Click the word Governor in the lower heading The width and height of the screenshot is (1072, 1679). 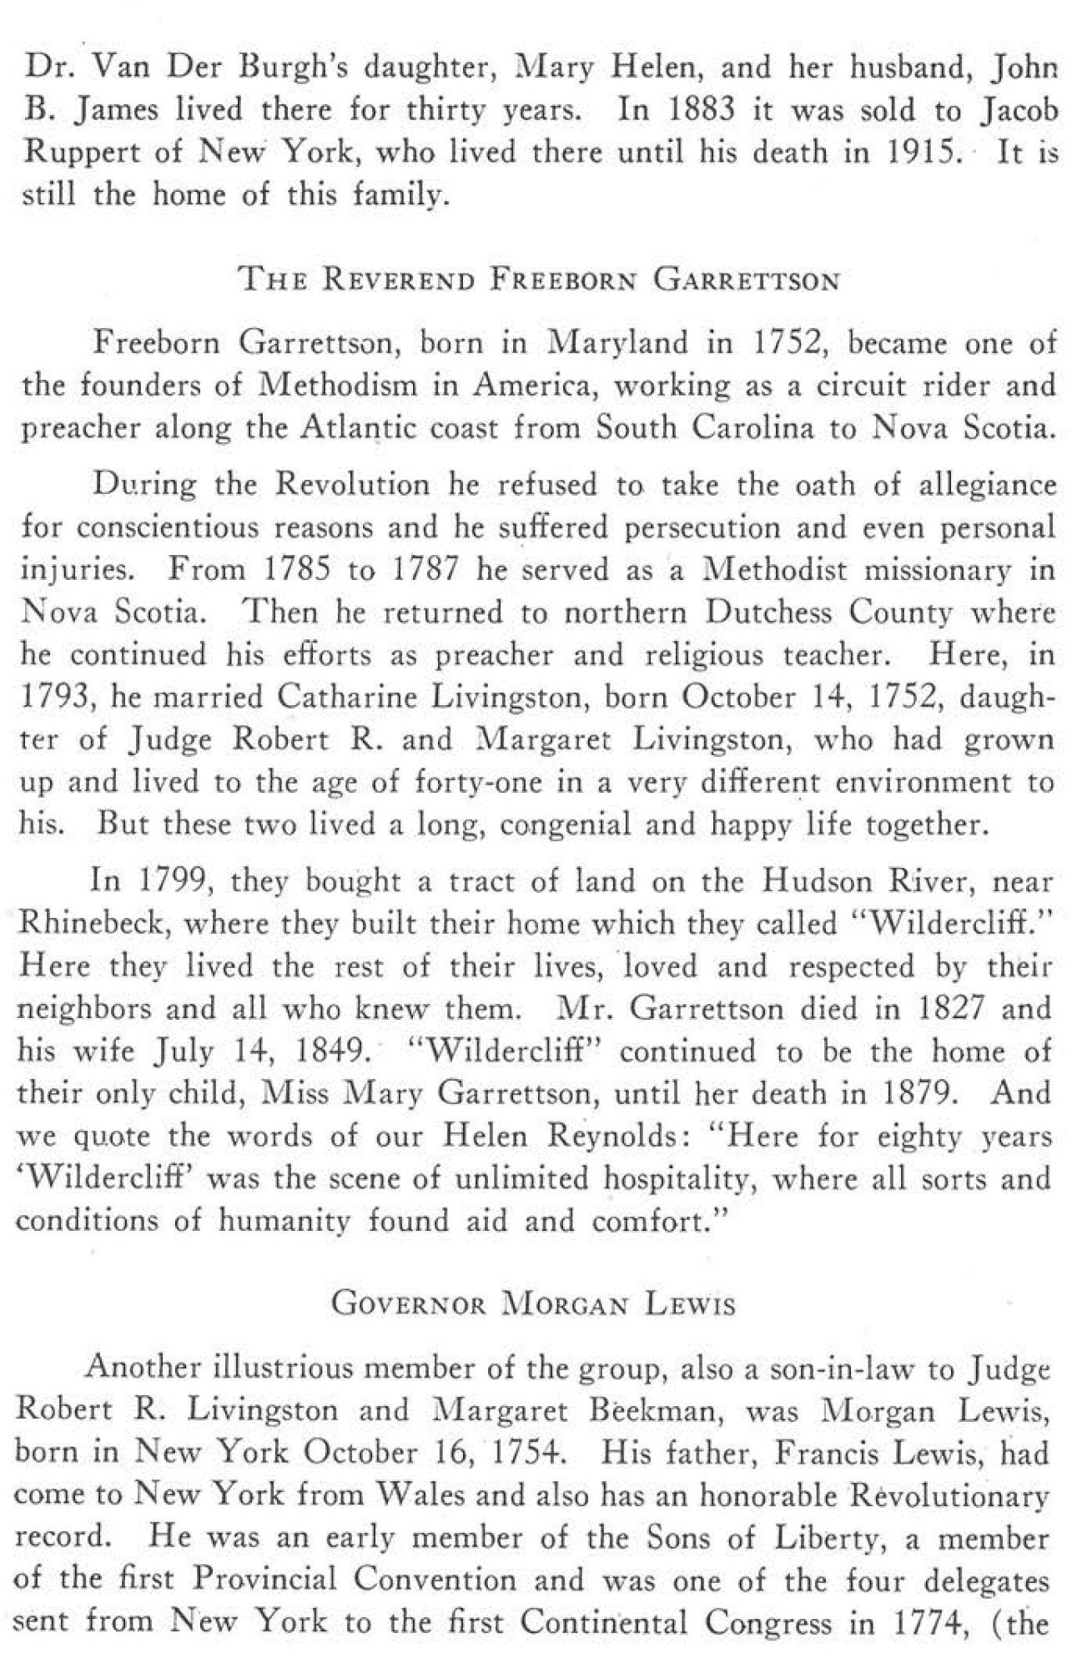click(x=408, y=1304)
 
